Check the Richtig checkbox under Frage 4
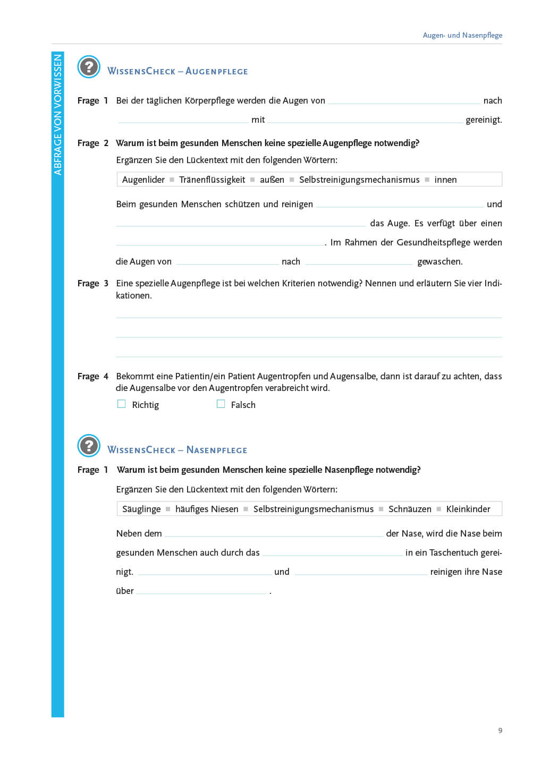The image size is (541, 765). pyautogui.click(x=122, y=404)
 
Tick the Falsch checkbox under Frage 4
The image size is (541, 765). pyautogui.click(x=221, y=404)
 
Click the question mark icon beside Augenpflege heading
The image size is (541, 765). pyautogui.click(x=89, y=67)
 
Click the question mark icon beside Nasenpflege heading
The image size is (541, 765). pyautogui.click(x=89, y=446)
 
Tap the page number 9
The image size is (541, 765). pyautogui.click(x=500, y=730)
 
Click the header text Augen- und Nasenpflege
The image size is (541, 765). pyautogui.click(x=462, y=35)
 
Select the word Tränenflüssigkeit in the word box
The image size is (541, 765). pyautogui.click(x=212, y=180)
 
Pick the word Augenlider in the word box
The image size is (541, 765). pyautogui.click(x=143, y=180)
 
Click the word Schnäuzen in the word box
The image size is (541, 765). pyautogui.click(x=410, y=509)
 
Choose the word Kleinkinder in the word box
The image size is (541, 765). pyautogui.click(x=468, y=509)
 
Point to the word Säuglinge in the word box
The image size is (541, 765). pyautogui.click(x=141, y=509)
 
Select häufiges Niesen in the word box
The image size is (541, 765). pyautogui.click(x=207, y=509)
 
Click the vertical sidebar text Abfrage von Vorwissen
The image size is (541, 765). pyautogui.click(x=58, y=115)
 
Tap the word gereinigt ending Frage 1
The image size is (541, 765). pyautogui.click(x=484, y=120)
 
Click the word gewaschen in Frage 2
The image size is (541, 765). pyautogui.click(x=440, y=261)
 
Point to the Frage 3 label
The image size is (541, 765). pyautogui.click(x=93, y=283)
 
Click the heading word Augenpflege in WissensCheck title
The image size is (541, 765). pyautogui.click(x=216, y=71)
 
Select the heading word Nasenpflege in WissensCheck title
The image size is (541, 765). pyautogui.click(x=217, y=450)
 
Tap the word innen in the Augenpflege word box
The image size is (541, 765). pyautogui.click(x=445, y=180)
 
